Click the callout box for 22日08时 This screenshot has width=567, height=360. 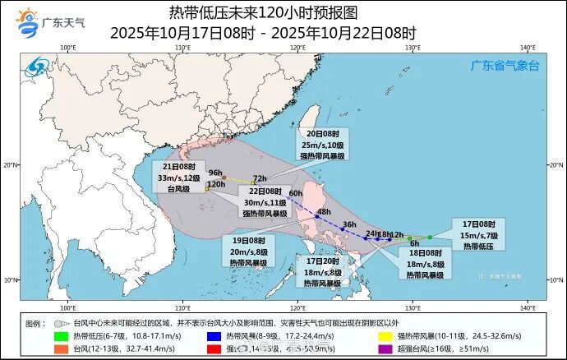pyautogui.click(x=265, y=202)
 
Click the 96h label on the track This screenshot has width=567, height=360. pyautogui.click(x=216, y=173)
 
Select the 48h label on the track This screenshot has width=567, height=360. pyautogui.click(x=323, y=212)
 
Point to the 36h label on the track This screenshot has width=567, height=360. pyautogui.click(x=349, y=224)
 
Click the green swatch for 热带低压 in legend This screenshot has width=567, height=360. pyautogui.click(x=61, y=336)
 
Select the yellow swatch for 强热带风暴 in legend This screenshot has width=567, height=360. pyautogui.click(x=384, y=336)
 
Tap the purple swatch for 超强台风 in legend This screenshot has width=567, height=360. pyautogui.click(x=384, y=348)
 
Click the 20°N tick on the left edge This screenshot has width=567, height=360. pyautogui.click(x=11, y=164)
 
